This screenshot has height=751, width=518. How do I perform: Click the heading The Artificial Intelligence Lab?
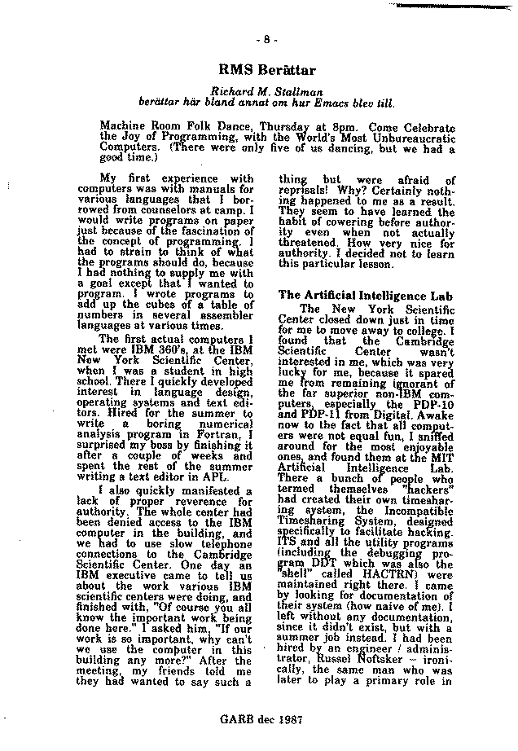(x=365, y=294)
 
